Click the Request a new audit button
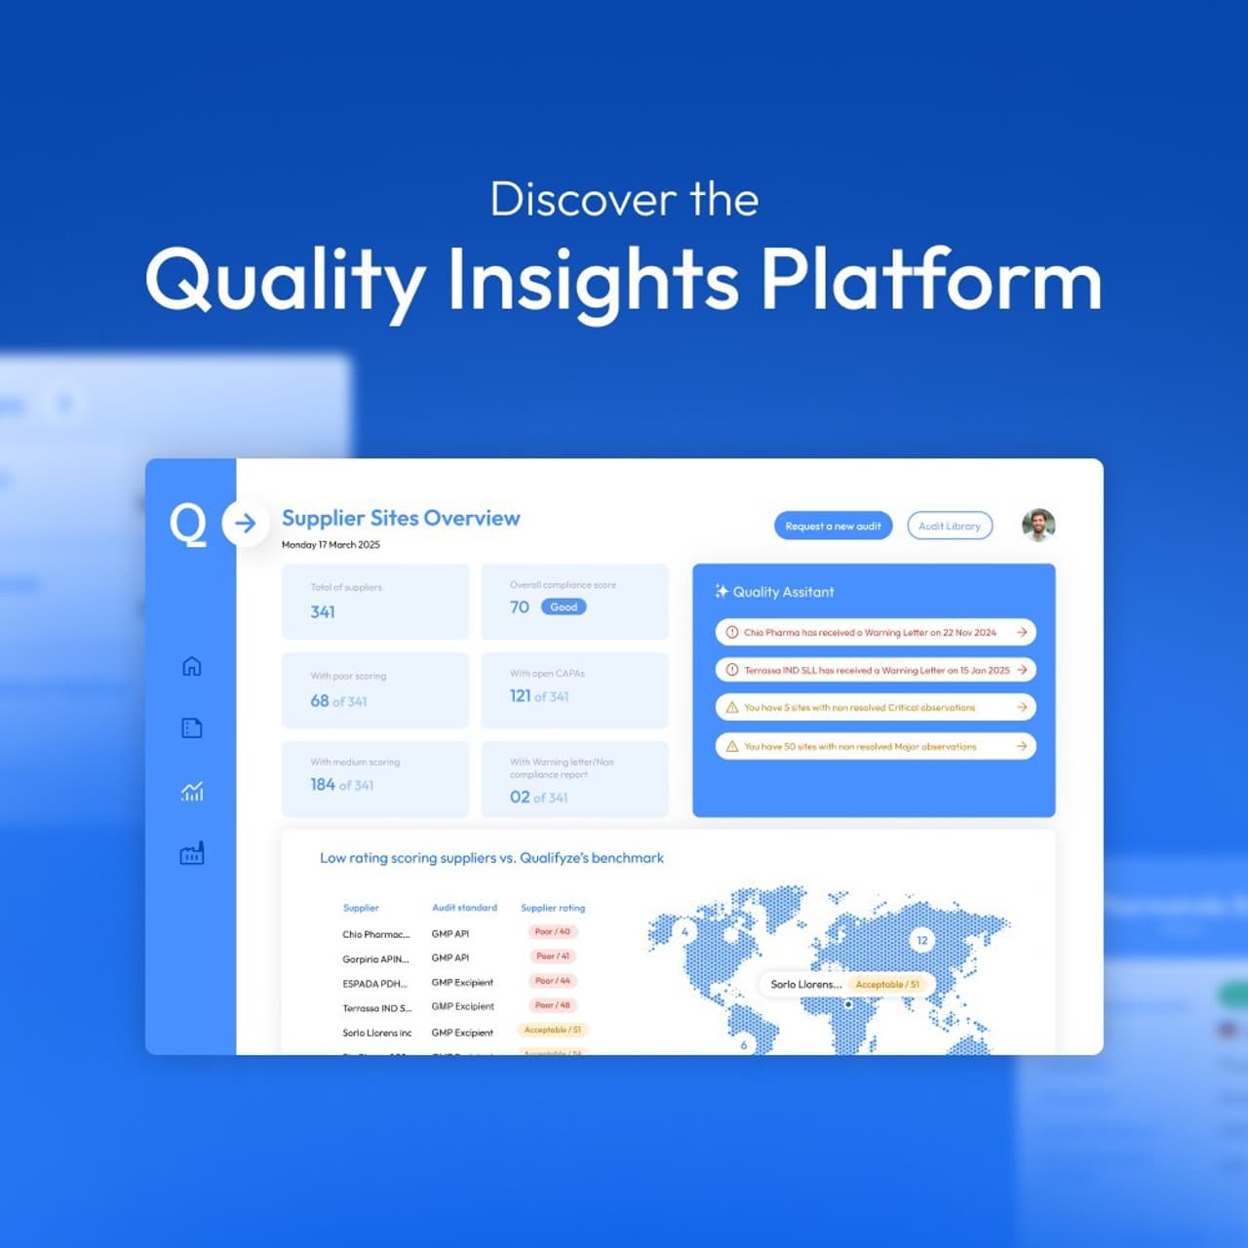(x=833, y=526)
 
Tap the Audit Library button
(x=950, y=526)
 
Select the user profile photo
(x=1038, y=525)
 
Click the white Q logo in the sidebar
(x=188, y=524)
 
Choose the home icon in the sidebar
(x=192, y=666)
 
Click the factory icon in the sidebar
(x=192, y=853)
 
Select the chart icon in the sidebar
(x=192, y=791)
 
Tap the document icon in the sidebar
(x=192, y=728)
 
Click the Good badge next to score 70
(x=564, y=606)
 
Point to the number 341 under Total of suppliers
(x=323, y=612)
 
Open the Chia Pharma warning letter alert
(x=875, y=632)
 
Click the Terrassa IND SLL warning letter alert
(x=875, y=670)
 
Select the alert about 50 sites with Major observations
(x=875, y=746)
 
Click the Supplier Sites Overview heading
(x=401, y=518)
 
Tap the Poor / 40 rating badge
(x=553, y=932)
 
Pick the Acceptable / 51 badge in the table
(x=553, y=1030)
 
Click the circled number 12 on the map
(x=922, y=940)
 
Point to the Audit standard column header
(x=464, y=908)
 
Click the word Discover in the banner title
(x=583, y=200)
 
